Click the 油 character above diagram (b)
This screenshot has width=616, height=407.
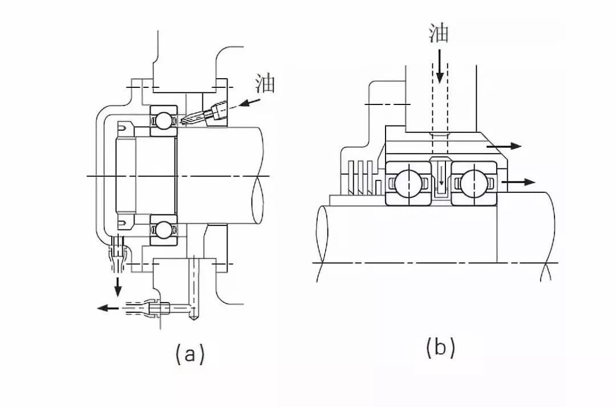[x=439, y=33]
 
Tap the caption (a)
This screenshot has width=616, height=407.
[x=190, y=353]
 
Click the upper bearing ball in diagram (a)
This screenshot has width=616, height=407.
[x=164, y=120]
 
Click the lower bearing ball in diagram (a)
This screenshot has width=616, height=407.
[x=164, y=230]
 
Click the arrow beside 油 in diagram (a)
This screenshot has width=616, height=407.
[x=250, y=103]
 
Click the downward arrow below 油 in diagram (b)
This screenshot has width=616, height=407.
[x=440, y=66]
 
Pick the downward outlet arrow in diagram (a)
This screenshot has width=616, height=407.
[x=117, y=287]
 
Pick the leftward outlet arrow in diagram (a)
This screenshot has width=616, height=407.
[x=108, y=308]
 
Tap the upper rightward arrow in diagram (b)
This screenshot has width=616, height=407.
[x=504, y=146]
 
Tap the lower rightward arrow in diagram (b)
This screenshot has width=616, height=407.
[x=518, y=182]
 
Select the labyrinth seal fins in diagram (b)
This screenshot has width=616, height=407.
[x=360, y=178]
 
